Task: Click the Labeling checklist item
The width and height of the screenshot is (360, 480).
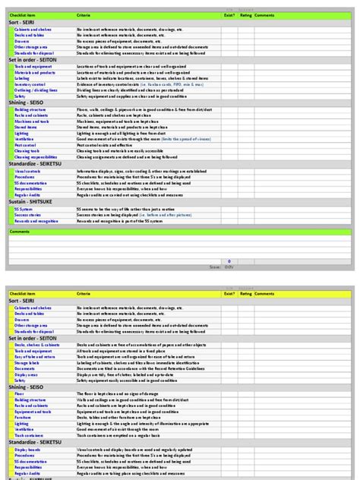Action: click(x=23, y=78)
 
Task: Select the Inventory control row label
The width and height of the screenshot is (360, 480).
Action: click(x=30, y=84)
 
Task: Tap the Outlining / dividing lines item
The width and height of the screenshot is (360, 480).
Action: click(x=35, y=90)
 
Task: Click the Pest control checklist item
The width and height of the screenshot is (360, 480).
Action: click(x=26, y=145)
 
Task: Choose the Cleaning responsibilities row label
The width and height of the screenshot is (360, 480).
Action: click(x=36, y=157)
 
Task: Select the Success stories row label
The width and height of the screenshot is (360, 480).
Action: click(x=27, y=215)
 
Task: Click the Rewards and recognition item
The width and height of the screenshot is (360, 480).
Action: click(x=36, y=221)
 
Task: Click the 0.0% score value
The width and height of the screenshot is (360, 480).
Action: click(x=229, y=267)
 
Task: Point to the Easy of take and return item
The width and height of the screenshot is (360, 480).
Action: click(x=34, y=357)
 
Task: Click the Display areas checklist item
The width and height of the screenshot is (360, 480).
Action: click(x=26, y=374)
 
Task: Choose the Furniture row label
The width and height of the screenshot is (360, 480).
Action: click(x=23, y=417)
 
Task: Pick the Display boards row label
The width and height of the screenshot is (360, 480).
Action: click(x=27, y=449)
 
